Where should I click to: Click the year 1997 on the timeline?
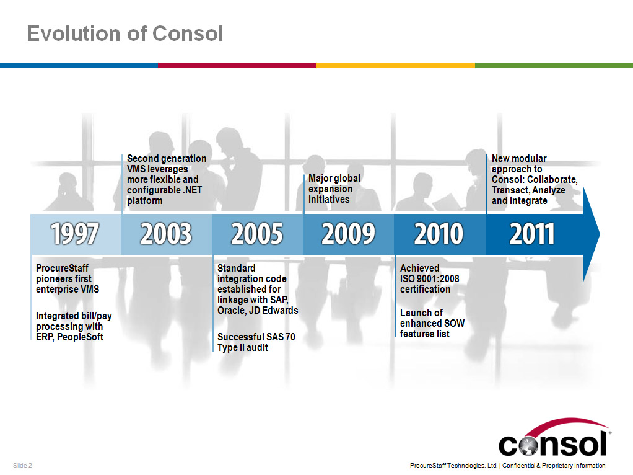(x=75, y=234)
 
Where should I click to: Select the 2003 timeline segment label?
(x=166, y=234)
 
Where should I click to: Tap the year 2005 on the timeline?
(x=257, y=234)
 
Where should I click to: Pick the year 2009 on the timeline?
(x=348, y=234)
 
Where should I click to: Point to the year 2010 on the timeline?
(x=439, y=234)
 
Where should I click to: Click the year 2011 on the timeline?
(x=531, y=234)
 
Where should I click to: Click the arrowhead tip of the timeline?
(x=600, y=234)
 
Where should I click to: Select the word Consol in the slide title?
(x=188, y=33)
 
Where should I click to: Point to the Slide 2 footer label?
(x=22, y=465)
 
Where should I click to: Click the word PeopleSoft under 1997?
(x=80, y=337)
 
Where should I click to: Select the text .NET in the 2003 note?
(x=192, y=190)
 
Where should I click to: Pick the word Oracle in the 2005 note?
(x=231, y=310)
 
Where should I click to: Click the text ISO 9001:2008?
(x=430, y=278)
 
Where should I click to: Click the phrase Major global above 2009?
(x=334, y=178)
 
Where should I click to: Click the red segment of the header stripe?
(x=237, y=66)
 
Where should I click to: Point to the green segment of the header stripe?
(x=554, y=66)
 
